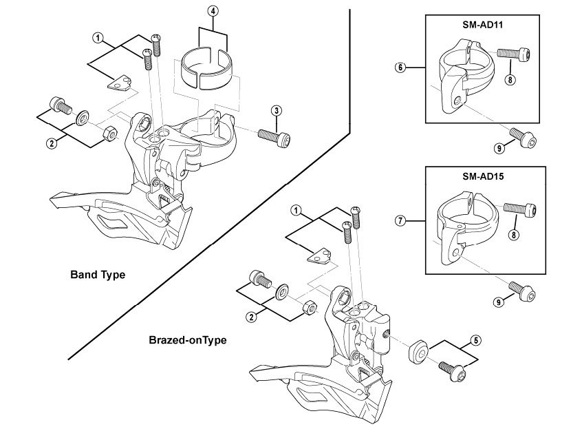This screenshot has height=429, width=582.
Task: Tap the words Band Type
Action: click(98, 274)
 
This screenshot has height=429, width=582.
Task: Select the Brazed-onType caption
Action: click(188, 339)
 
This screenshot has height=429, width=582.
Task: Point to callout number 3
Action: click(276, 110)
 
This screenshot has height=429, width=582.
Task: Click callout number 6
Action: click(399, 67)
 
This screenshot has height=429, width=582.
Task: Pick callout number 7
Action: click(399, 221)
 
